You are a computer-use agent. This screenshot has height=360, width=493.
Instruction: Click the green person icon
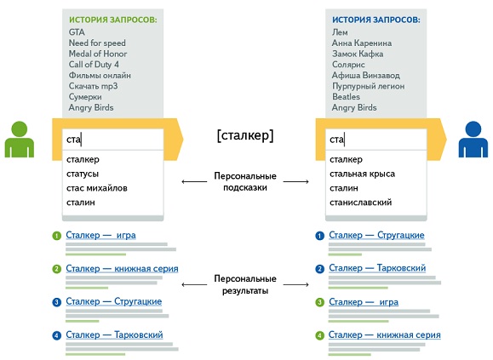[20, 140]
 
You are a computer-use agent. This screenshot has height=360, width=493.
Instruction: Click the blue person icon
[473, 140]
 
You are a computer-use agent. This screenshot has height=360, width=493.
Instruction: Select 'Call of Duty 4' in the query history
[94, 65]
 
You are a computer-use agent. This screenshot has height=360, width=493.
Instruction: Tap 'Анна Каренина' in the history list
[362, 43]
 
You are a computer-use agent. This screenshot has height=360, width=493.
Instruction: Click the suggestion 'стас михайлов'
[97, 188]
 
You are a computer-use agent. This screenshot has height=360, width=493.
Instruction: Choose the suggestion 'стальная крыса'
[362, 174]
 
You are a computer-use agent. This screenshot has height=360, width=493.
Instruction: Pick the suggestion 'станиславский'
[361, 203]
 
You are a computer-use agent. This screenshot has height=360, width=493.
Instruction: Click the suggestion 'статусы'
[83, 174]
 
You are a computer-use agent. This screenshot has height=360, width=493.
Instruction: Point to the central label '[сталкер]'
[245, 135]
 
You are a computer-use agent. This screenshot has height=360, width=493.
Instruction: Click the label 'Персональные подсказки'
[245, 181]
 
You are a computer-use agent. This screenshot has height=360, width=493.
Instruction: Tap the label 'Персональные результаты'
[245, 284]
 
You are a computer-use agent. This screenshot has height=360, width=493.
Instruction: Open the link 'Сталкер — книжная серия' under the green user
[122, 269]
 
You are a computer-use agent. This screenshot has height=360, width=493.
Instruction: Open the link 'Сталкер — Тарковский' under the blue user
[377, 268]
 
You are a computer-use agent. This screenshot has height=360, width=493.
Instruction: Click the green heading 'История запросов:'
[113, 20]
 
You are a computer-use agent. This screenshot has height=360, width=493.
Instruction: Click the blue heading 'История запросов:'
[376, 20]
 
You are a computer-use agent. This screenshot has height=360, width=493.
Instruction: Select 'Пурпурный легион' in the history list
[368, 86]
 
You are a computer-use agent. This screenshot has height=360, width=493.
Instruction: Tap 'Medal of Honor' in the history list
[98, 54]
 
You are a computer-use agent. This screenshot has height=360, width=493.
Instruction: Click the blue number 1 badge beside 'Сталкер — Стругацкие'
[320, 236]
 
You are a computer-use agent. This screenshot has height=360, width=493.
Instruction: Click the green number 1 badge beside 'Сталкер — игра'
[56, 236]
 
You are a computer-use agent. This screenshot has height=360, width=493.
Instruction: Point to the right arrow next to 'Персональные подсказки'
[295, 181]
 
